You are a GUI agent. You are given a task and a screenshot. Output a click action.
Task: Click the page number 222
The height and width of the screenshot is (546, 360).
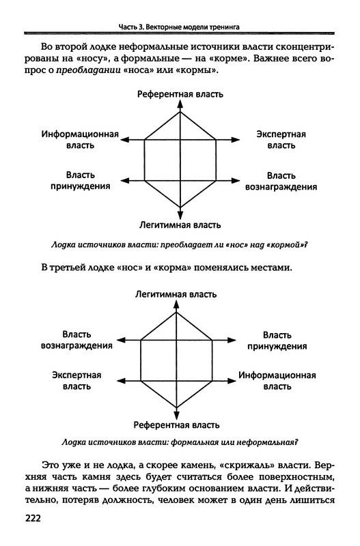pyautogui.click(x=33, y=518)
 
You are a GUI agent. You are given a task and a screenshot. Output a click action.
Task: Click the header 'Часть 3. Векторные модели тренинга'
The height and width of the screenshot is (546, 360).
pyautogui.click(x=179, y=27)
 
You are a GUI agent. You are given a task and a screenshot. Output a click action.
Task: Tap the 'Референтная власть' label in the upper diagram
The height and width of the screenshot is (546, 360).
pyautogui.click(x=180, y=94)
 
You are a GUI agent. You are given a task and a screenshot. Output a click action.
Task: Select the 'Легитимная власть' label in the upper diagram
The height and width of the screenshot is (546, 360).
pyautogui.click(x=180, y=225)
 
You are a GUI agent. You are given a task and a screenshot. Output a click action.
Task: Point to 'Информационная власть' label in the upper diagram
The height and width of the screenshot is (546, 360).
pyautogui.click(x=80, y=140)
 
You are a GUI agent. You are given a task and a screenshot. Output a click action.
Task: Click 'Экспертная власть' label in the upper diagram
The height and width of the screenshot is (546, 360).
pyautogui.click(x=281, y=140)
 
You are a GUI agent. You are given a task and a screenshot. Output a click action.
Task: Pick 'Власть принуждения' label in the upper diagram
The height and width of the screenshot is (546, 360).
pyautogui.click(x=81, y=180)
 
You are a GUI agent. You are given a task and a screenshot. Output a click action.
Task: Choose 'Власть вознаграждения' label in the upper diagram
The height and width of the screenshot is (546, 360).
pyautogui.click(x=281, y=181)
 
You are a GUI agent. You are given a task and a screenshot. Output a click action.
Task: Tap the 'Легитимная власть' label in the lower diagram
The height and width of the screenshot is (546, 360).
pyautogui.click(x=176, y=294)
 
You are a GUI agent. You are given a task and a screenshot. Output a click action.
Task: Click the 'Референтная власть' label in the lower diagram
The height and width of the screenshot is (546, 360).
pyautogui.click(x=176, y=425)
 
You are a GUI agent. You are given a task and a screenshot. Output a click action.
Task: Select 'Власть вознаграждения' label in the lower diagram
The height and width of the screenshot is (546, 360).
pyautogui.click(x=77, y=340)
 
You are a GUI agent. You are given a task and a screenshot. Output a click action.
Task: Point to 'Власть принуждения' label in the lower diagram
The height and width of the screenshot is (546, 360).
pyautogui.click(x=277, y=341)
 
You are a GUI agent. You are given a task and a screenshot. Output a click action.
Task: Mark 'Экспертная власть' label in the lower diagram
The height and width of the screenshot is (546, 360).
pyautogui.click(x=77, y=381)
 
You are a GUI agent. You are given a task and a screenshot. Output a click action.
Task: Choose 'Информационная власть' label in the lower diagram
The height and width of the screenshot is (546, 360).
pyautogui.click(x=277, y=381)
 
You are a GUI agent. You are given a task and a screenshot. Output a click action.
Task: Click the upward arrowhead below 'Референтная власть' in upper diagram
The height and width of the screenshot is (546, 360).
pyautogui.click(x=180, y=104)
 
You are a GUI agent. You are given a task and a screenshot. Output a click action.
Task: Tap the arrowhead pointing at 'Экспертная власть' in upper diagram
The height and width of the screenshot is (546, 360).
pyautogui.click(x=235, y=140)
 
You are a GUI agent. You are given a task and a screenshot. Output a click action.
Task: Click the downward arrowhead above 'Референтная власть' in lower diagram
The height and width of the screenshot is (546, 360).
pyautogui.click(x=176, y=415)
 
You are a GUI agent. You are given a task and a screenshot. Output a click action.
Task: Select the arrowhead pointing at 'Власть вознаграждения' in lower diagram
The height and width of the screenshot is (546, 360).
pyautogui.click(x=121, y=340)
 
